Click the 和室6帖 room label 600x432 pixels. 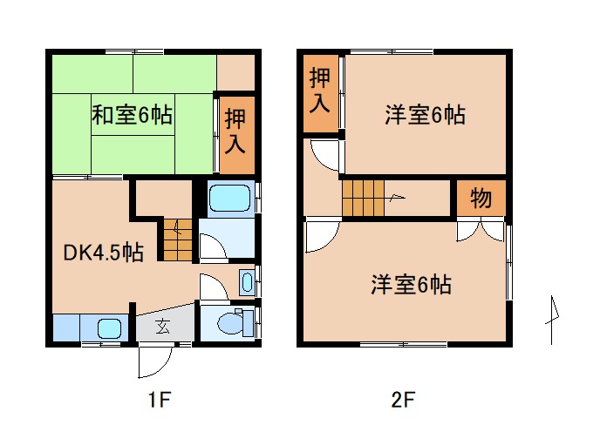click(x=132, y=115)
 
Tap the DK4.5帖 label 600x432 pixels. click(x=103, y=253)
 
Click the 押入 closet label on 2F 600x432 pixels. click(x=320, y=91)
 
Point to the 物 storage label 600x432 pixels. click(x=481, y=199)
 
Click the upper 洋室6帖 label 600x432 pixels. click(x=425, y=115)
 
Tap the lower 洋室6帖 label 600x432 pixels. click(x=411, y=284)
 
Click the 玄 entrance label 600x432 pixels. click(x=163, y=327)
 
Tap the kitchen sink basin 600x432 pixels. click(x=109, y=328)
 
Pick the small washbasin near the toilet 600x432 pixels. click(x=247, y=282)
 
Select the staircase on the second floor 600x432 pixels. click(x=364, y=198)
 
